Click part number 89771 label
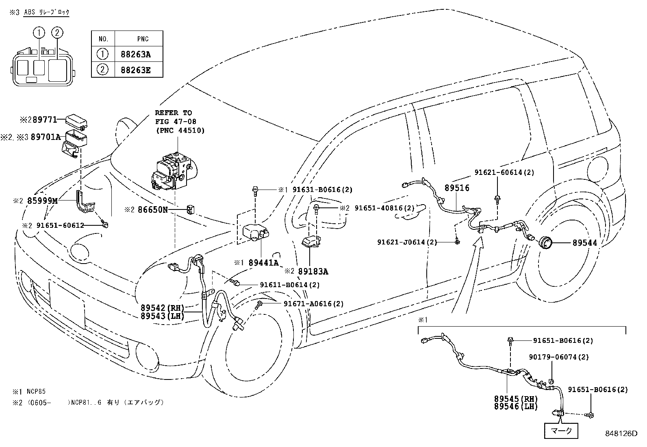[x=45, y=120]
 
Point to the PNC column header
[x=143, y=39]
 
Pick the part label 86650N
[x=152, y=209]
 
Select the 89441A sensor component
[x=256, y=232]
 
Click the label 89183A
[x=313, y=272]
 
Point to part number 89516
[x=457, y=188]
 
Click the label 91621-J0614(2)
[x=407, y=242]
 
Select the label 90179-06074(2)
[x=559, y=357]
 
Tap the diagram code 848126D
[x=621, y=434]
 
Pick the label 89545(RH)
[x=516, y=399]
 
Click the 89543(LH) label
[x=162, y=316]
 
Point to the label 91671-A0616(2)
[x=314, y=304]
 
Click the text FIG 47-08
[x=176, y=122]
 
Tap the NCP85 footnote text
[x=36, y=392]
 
